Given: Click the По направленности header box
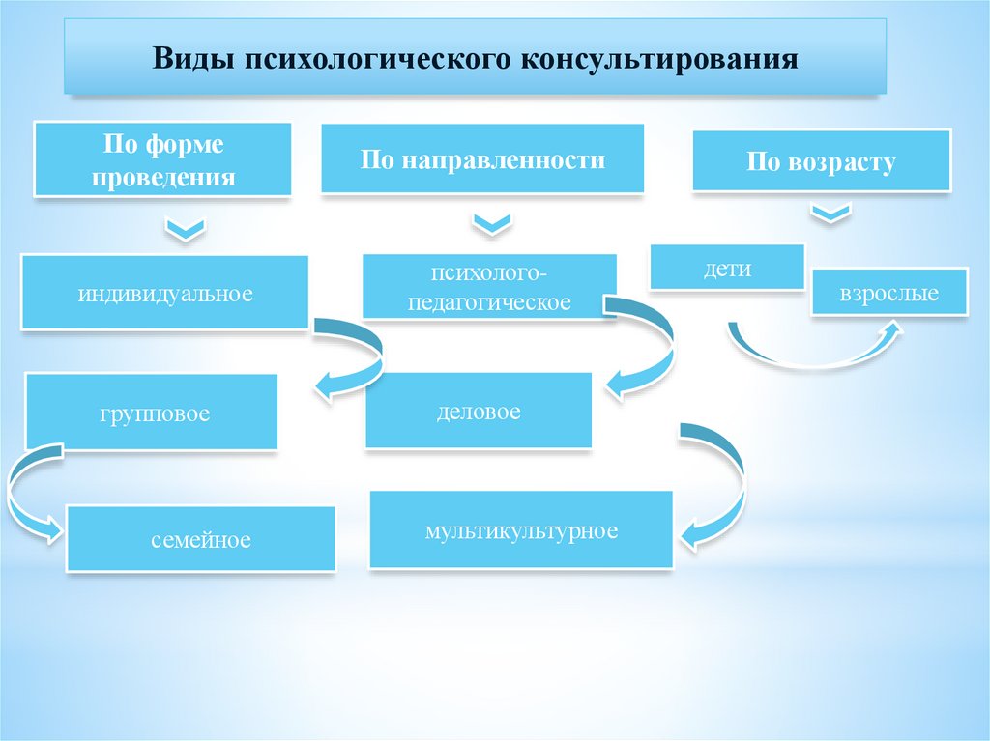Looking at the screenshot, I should [x=482, y=158].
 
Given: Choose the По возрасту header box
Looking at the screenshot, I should [x=821, y=161].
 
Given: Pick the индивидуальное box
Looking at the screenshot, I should [x=165, y=292].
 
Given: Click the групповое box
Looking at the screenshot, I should [x=152, y=413].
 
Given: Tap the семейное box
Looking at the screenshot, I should [x=200, y=538].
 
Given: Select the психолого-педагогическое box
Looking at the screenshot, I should [x=489, y=286].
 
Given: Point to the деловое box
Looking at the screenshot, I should [x=478, y=411].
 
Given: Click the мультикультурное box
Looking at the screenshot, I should [x=520, y=529].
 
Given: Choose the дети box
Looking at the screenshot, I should [x=727, y=267].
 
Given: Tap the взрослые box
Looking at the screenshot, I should [x=888, y=292].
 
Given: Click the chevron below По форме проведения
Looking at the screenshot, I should [x=185, y=229].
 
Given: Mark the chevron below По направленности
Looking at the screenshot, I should [x=492, y=224].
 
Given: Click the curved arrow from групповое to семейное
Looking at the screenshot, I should [x=24, y=498].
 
